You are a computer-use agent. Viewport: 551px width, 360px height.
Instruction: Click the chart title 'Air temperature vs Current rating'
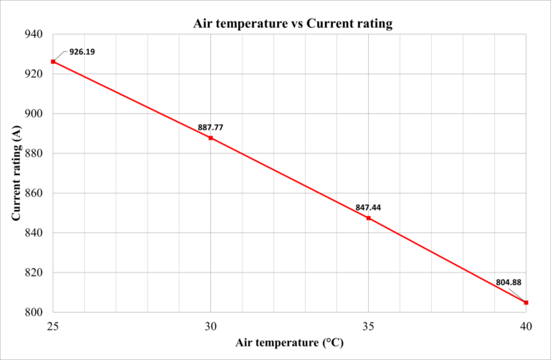pos(293,24)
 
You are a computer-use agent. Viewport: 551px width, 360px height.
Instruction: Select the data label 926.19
pos(82,52)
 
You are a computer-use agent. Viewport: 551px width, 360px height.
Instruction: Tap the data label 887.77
pos(210,128)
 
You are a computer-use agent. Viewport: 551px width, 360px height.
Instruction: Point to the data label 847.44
pos(368,207)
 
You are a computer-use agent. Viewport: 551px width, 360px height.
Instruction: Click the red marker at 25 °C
pos(52,62)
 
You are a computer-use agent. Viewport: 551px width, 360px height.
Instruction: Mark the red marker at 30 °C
pos(210,138)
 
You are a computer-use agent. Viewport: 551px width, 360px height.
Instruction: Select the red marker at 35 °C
pos(368,218)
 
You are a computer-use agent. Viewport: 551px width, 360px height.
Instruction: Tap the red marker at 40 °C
pos(526,303)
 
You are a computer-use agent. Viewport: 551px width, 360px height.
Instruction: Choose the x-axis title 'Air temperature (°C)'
pos(289,343)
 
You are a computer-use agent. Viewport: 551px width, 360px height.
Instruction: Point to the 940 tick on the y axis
pos(34,34)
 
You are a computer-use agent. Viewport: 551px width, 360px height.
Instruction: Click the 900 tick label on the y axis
pos(34,114)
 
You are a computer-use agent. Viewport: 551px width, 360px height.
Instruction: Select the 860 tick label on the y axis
pos(34,193)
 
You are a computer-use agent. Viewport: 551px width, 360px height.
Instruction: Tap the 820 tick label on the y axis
pos(34,273)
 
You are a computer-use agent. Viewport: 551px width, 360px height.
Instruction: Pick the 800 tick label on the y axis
pos(34,313)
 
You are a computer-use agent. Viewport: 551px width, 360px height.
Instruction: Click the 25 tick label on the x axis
pos(52,326)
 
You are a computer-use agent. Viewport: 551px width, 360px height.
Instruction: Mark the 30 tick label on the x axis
pos(210,326)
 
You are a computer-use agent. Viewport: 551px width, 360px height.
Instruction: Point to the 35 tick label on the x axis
pos(368,326)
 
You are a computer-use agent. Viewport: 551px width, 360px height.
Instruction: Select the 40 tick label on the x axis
pos(526,326)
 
